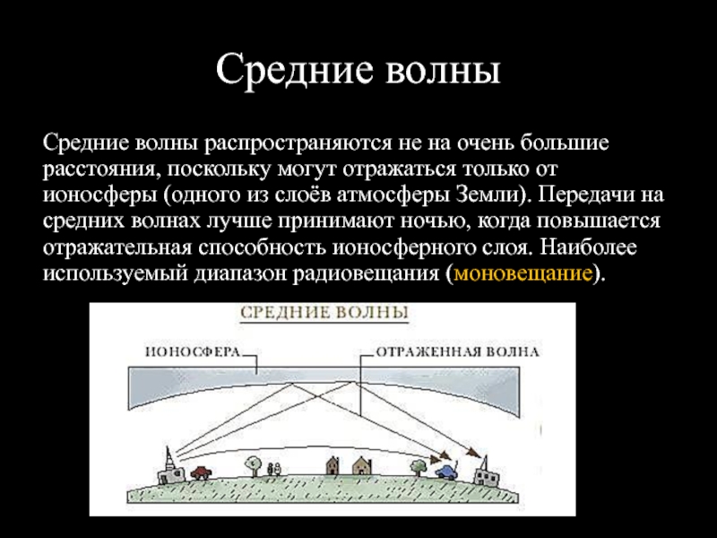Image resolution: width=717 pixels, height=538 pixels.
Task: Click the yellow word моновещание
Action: [523, 273]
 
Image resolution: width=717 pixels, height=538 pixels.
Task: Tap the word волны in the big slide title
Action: [443, 69]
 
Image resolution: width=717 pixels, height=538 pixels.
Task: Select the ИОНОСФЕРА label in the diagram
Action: [193, 351]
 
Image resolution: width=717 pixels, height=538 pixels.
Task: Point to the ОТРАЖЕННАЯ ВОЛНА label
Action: [457, 351]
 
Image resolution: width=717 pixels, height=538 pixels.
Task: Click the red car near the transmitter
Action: [201, 472]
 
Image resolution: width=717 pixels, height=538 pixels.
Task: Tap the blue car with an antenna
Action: [445, 471]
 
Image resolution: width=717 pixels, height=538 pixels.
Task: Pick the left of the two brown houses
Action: [333, 465]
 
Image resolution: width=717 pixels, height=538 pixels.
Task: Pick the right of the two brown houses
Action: [362, 465]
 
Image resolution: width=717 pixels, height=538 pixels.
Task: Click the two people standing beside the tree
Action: [274, 469]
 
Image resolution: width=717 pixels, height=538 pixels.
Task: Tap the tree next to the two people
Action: [253, 466]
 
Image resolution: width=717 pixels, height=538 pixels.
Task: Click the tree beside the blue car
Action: [419, 468]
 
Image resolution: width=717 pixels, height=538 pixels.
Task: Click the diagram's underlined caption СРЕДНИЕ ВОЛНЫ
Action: [324, 313]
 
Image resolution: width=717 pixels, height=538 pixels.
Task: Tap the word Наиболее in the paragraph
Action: [588, 247]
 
